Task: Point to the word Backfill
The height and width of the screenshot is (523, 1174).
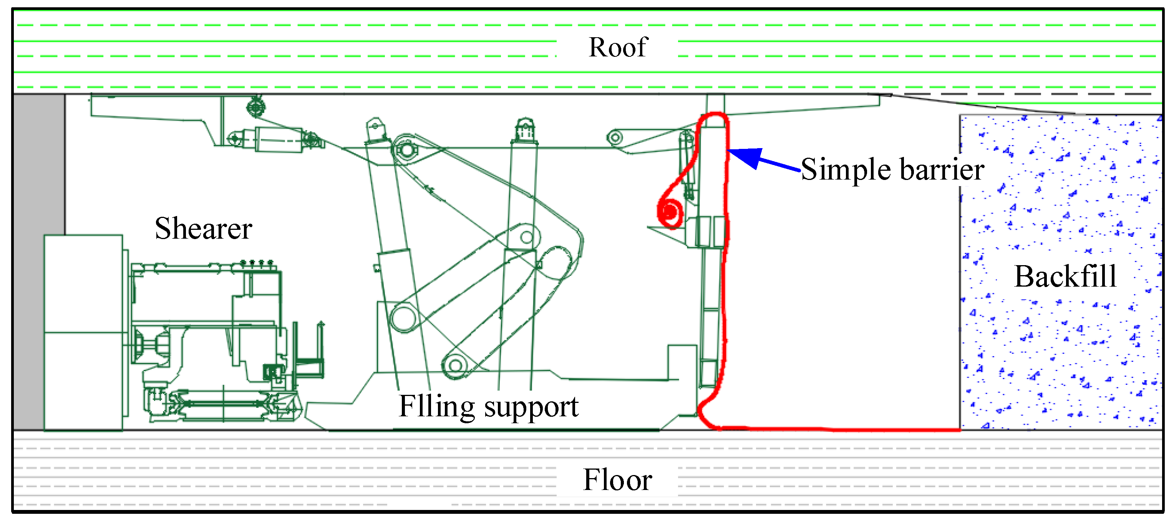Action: [1066, 276]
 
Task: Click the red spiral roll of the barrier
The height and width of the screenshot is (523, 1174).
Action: [670, 212]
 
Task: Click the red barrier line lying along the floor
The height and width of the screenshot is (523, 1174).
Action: [843, 429]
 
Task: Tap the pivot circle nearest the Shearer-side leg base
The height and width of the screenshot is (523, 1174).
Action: [404, 318]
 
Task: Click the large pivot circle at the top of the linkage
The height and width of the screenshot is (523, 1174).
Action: [405, 149]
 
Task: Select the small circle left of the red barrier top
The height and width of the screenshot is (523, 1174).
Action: [615, 137]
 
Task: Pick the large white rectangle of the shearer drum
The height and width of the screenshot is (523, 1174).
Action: [83, 332]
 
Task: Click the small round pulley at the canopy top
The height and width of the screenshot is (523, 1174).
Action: [256, 108]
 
